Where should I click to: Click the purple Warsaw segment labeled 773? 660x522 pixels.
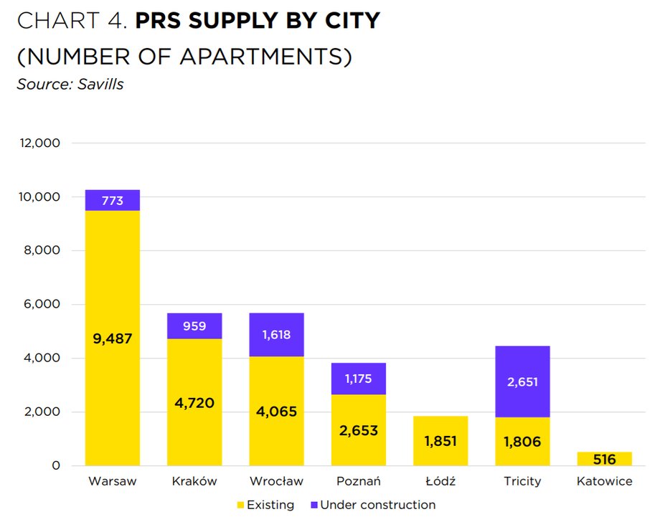click(113, 201)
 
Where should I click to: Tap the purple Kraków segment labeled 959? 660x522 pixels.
click(194, 326)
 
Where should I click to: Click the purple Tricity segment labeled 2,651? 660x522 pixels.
click(522, 382)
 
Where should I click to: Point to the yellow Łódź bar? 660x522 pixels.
click(440, 441)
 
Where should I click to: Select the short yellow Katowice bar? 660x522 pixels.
click(604, 459)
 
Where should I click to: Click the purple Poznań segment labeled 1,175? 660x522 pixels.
click(359, 379)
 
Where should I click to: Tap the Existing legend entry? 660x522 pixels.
click(265, 505)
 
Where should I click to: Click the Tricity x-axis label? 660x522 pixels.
click(522, 481)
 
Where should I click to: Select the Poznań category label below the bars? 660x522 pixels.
click(359, 481)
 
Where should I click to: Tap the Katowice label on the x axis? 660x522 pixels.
click(604, 481)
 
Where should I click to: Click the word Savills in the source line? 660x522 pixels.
click(100, 85)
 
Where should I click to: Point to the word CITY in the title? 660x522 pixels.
click(351, 22)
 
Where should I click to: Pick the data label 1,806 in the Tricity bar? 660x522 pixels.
click(522, 442)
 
